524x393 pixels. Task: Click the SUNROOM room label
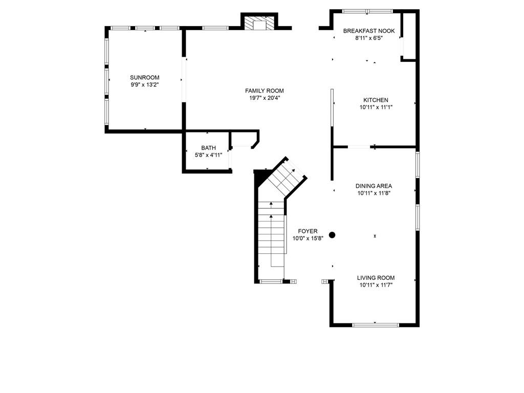(144, 77)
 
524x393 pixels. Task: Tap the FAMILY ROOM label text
(264, 91)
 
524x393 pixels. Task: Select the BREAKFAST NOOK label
(368, 31)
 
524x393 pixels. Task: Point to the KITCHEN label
(376, 100)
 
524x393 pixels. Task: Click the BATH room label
(208, 148)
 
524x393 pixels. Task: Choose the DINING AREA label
(374, 186)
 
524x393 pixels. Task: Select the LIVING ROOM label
(376, 278)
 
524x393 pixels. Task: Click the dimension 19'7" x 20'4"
(264, 98)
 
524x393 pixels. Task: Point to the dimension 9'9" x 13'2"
(144, 84)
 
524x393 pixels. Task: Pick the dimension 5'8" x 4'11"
(208, 155)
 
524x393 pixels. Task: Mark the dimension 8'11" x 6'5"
(368, 38)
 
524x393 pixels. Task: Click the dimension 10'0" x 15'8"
(308, 238)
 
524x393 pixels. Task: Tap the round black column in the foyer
(332, 235)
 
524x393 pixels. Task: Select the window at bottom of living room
(376, 324)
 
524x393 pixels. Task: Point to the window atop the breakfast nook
(367, 11)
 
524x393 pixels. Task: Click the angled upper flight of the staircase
(285, 177)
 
